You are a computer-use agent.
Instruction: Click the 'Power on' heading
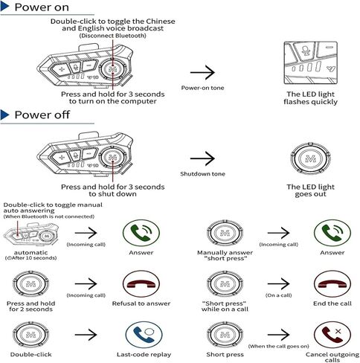pyautogui.click(x=42, y=7)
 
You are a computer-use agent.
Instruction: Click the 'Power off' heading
pyautogui.click(x=42, y=115)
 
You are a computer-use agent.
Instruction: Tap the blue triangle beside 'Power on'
pyautogui.click(x=4, y=7)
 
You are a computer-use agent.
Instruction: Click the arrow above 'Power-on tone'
pyautogui.click(x=202, y=72)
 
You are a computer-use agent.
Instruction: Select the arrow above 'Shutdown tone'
pyautogui.click(x=202, y=158)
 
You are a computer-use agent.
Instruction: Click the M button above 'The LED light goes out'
pyautogui.click(x=310, y=158)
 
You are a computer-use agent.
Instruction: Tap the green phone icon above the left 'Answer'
pyautogui.click(x=141, y=233)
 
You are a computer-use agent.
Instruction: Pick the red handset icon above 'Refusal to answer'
pyautogui.click(x=141, y=283)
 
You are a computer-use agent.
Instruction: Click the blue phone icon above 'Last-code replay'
pyautogui.click(x=144, y=335)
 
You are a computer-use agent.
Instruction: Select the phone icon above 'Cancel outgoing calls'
pyautogui.click(x=332, y=335)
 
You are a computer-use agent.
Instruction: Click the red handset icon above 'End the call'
pyautogui.click(x=332, y=283)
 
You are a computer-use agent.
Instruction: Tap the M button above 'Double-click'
pyautogui.click(x=30, y=335)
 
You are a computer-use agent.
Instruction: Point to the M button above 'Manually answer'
pyautogui.click(x=225, y=233)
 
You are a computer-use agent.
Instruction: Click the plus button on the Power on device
pyautogui.click(x=62, y=69)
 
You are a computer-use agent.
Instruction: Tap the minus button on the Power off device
pyautogui.click(x=89, y=154)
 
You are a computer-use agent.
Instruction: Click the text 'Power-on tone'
pyautogui.click(x=202, y=88)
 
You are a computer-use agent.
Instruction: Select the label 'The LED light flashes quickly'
pyautogui.click(x=310, y=98)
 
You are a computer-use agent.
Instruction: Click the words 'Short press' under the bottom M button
pyautogui.click(x=225, y=354)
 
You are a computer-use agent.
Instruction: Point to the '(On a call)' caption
pyautogui.click(x=278, y=295)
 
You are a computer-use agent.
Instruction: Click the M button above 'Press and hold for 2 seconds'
pyautogui.click(x=30, y=284)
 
